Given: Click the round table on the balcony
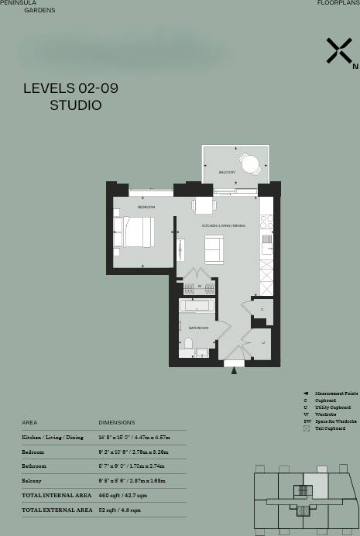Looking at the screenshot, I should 249,163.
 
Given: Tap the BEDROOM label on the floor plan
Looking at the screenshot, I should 146,207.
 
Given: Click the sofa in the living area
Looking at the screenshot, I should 213,249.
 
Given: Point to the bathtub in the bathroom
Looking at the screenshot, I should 197,306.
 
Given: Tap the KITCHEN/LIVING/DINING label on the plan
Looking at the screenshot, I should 223,225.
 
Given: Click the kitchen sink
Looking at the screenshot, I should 266,246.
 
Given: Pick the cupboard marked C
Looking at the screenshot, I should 262,309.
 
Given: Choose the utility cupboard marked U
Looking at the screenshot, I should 262,342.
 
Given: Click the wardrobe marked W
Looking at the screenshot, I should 199,286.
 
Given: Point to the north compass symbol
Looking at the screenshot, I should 340,51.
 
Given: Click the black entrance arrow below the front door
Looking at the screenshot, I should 234,370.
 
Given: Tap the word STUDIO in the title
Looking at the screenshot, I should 76,105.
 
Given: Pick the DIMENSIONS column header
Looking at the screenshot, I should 116,422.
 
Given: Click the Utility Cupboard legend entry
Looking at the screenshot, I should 332,407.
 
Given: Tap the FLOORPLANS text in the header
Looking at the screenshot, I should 338,3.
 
